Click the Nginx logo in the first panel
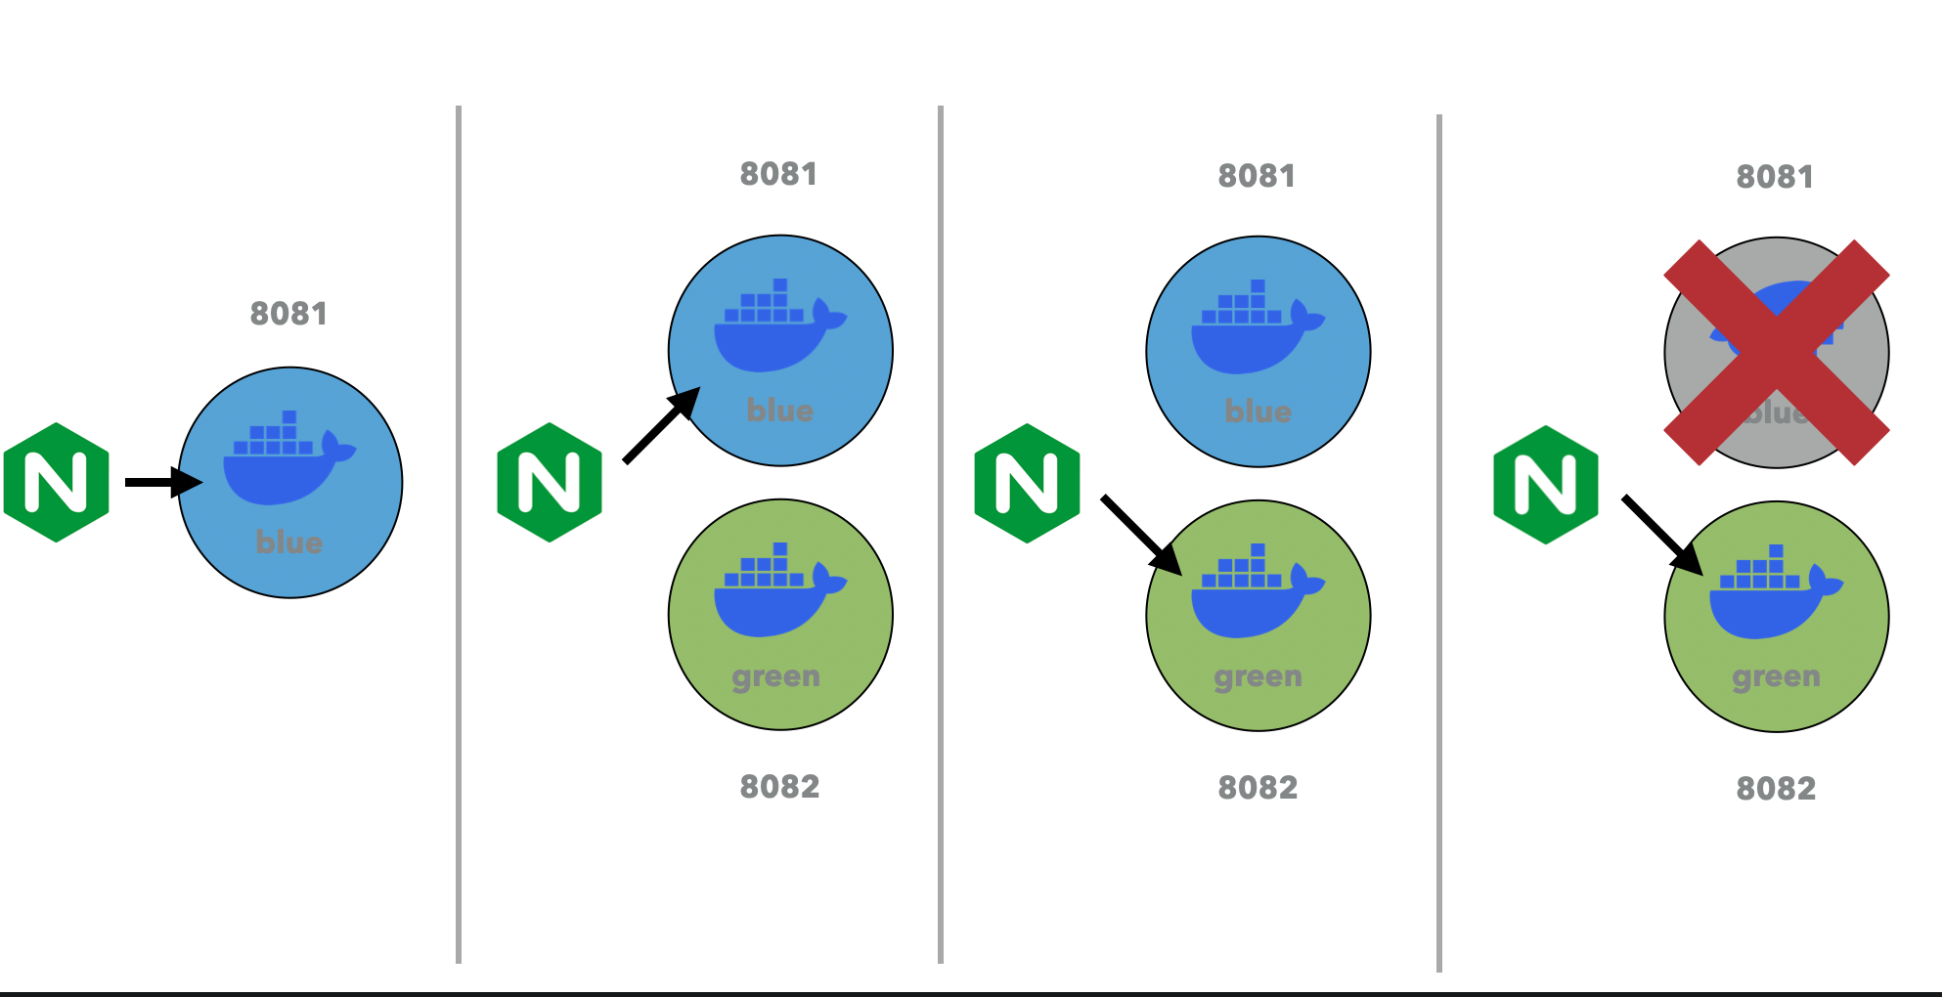[x=56, y=482]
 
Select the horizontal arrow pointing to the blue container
[x=161, y=482]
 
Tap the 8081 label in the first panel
[x=288, y=314]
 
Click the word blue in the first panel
[x=289, y=542]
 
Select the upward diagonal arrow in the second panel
[x=661, y=425]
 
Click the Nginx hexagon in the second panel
[x=550, y=482]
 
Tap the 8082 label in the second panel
[x=779, y=787]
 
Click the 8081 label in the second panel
[x=778, y=174]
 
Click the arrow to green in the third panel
[x=1140, y=534]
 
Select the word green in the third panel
[x=1258, y=676]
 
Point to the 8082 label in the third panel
[x=1258, y=788]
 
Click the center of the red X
[x=1777, y=352]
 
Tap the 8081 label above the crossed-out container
[x=1775, y=177]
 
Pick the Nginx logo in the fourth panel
[x=1546, y=485]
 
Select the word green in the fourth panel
[x=1776, y=676]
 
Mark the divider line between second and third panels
[x=941, y=534]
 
